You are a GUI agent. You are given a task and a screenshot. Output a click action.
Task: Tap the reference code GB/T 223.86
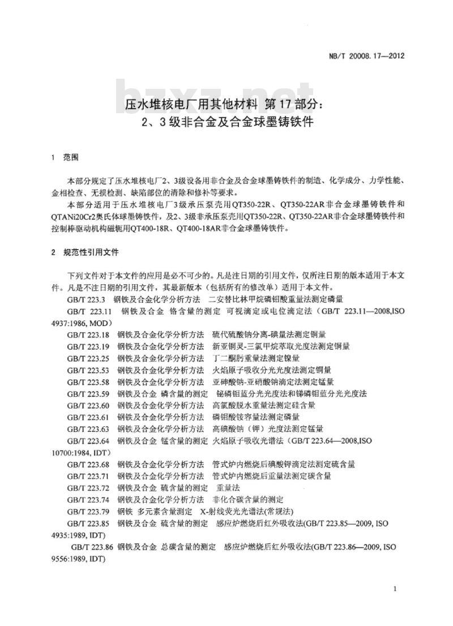93,547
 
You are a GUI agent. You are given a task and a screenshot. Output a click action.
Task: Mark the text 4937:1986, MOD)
77,323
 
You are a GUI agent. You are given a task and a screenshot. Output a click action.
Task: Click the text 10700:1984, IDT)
79,452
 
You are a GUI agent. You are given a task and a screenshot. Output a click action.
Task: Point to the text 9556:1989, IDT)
77,559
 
